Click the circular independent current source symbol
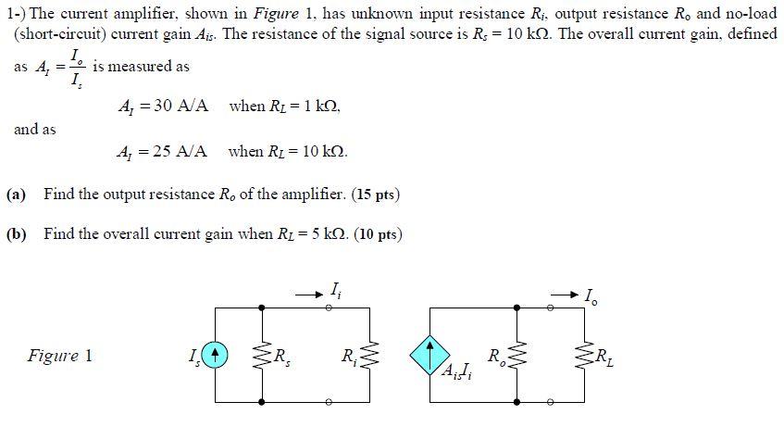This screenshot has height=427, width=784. coord(214,353)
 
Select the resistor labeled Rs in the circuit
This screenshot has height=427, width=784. coord(263,353)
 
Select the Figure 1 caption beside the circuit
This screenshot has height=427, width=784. coord(60,356)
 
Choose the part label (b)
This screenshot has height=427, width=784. coord(16,234)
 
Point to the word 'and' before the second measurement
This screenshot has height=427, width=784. coord(34,130)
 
